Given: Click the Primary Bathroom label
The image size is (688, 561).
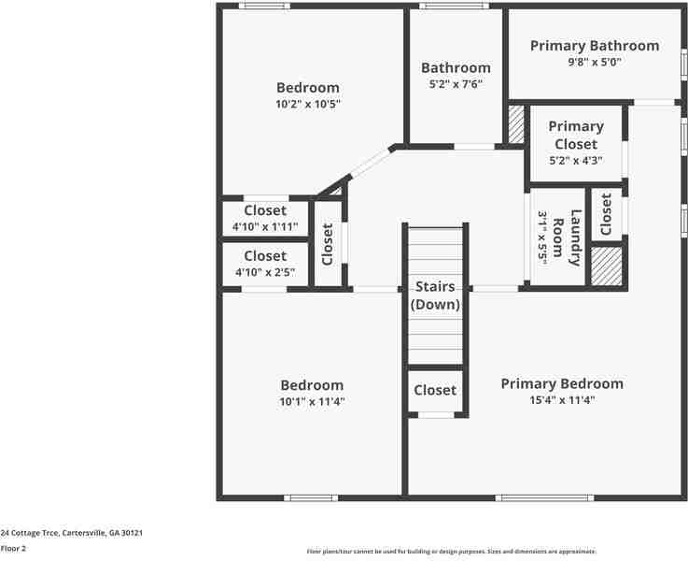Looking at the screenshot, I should pyautogui.click(x=595, y=46).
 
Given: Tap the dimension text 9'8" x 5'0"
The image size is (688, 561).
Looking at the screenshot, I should pyautogui.click(x=595, y=63).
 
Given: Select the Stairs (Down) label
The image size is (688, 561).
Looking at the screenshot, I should pyautogui.click(x=435, y=295).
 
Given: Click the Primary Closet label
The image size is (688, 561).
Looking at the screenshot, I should pyautogui.click(x=576, y=135).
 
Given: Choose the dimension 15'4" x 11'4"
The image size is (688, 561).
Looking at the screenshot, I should pyautogui.click(x=562, y=400).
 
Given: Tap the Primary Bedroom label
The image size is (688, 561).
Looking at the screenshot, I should pyautogui.click(x=562, y=383).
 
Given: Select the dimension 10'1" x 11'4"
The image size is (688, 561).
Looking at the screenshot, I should pyautogui.click(x=312, y=402).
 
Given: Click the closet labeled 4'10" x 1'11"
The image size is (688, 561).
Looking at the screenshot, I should pyautogui.click(x=265, y=218).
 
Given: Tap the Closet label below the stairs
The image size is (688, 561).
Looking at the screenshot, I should pyautogui.click(x=435, y=390).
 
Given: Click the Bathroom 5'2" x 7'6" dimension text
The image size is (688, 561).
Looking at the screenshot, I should pyautogui.click(x=456, y=84).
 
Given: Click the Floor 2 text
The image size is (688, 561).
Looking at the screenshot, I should pyautogui.click(x=13, y=549).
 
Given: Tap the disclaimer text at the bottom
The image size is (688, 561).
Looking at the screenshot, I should pyautogui.click(x=452, y=552).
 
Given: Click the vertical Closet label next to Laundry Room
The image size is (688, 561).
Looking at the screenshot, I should pyautogui.click(x=606, y=214).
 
